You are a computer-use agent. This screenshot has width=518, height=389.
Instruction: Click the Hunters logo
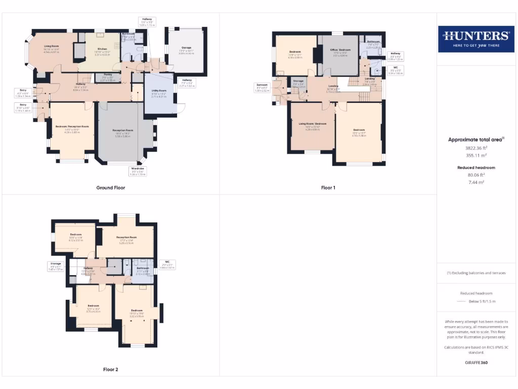476,39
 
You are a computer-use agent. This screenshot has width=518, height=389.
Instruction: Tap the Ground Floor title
111,187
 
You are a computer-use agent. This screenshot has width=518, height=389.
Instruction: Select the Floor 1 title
328,187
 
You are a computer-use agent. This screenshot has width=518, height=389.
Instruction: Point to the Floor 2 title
111,369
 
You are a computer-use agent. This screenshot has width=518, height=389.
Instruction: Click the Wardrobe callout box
138,171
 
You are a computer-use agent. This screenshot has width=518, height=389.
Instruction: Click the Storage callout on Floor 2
55,266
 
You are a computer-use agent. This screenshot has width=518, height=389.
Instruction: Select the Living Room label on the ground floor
51,48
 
